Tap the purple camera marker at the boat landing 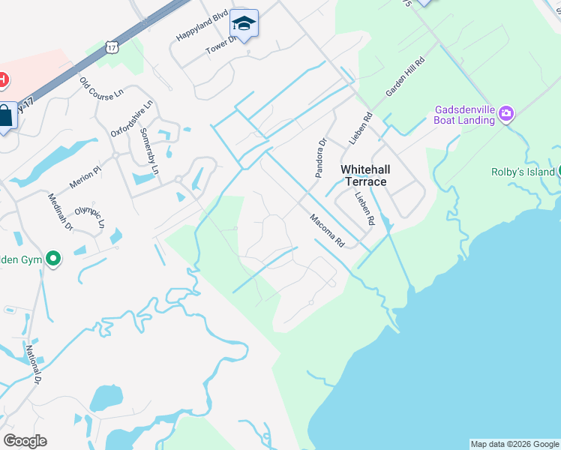coord(506,113)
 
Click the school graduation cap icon coord(244,25)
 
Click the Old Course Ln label coord(101,86)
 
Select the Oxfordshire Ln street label coord(132,118)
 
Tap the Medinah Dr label coord(60,211)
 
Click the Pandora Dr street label coord(321,157)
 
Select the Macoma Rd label coord(327,230)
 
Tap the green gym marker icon coord(53,259)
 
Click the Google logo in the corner coord(25,440)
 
